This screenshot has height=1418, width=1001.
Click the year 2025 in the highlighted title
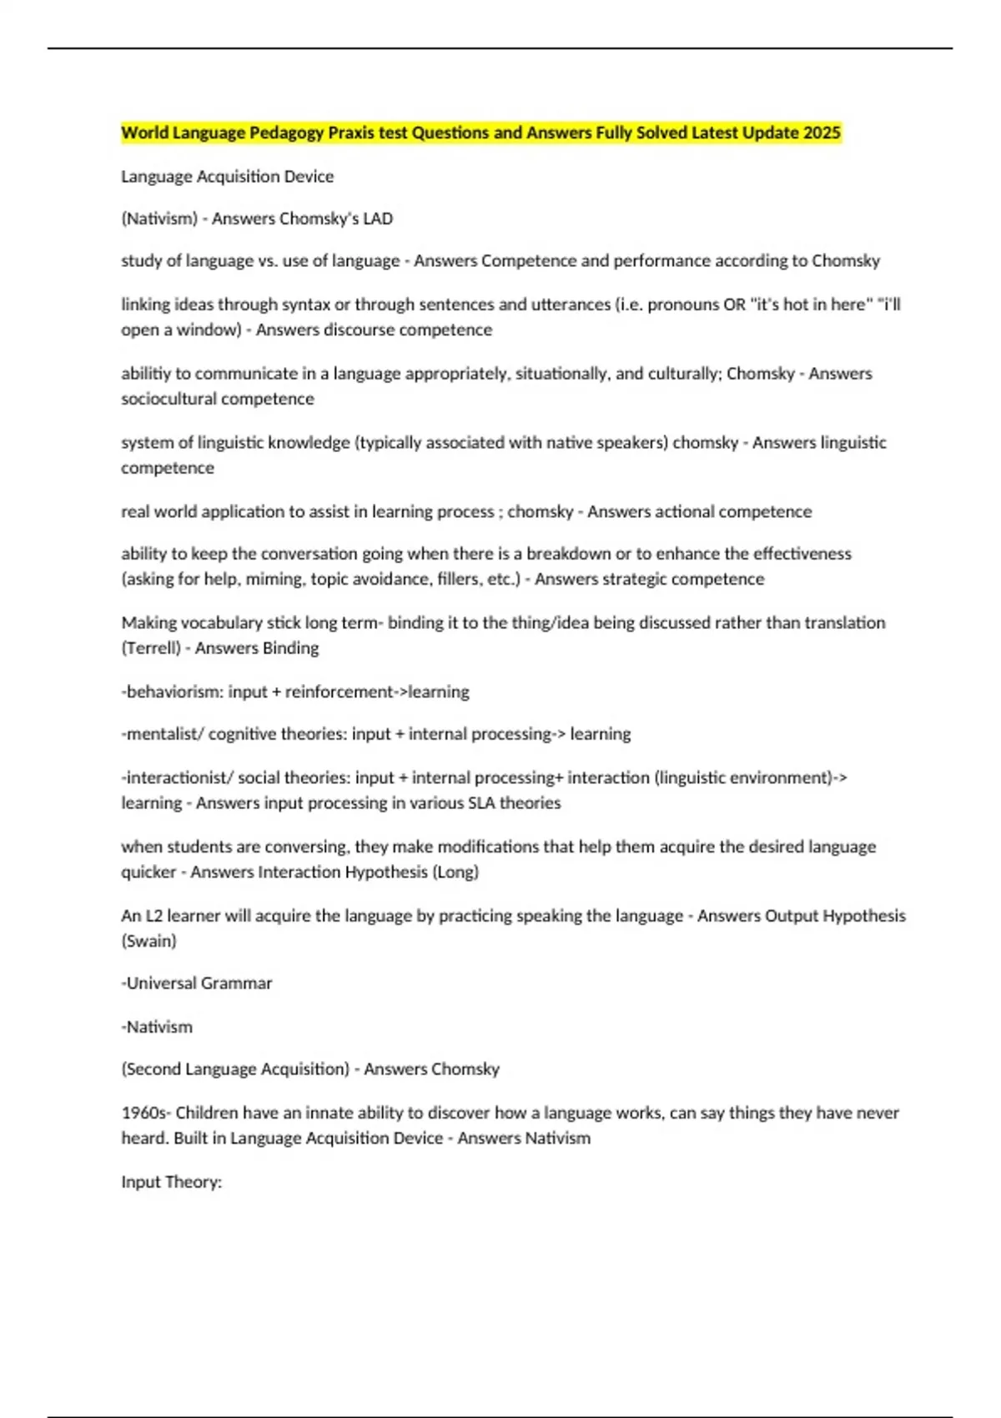click(822, 133)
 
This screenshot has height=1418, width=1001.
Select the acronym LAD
click(378, 219)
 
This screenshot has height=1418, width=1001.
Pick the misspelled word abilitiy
click(144, 373)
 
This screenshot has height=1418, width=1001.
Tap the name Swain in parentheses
click(148, 941)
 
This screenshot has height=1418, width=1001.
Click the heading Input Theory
click(171, 1182)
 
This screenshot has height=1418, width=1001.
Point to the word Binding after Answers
click(289, 648)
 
